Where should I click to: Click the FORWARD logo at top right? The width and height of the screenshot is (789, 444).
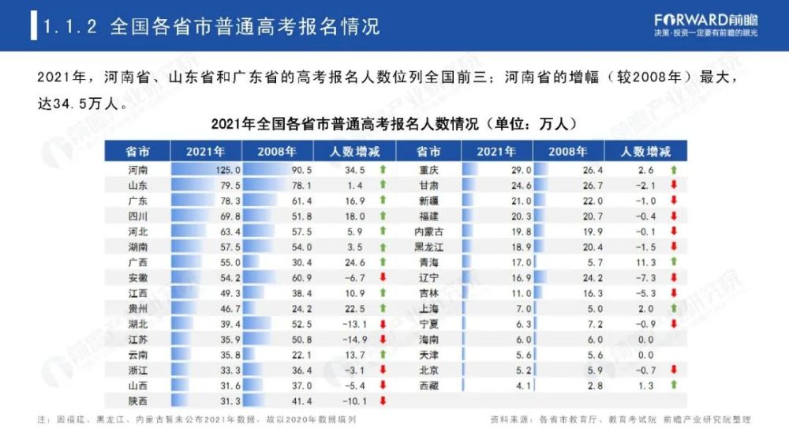pos(705,20)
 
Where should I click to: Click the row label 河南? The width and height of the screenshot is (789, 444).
pos(137,170)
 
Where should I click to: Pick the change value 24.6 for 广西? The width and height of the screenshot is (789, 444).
pos(354,262)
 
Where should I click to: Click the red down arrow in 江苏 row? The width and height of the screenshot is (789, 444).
pos(383,339)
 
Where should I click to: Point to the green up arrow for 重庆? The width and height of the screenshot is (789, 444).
pos(674,170)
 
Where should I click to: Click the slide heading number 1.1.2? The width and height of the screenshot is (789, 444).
pos(70,26)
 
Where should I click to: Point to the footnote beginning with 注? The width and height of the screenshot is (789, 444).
pos(197,420)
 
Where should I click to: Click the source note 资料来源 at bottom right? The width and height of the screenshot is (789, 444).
pos(620,420)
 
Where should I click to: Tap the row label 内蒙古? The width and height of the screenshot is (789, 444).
pos(428,231)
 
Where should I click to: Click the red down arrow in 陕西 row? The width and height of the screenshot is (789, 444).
pos(383,401)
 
